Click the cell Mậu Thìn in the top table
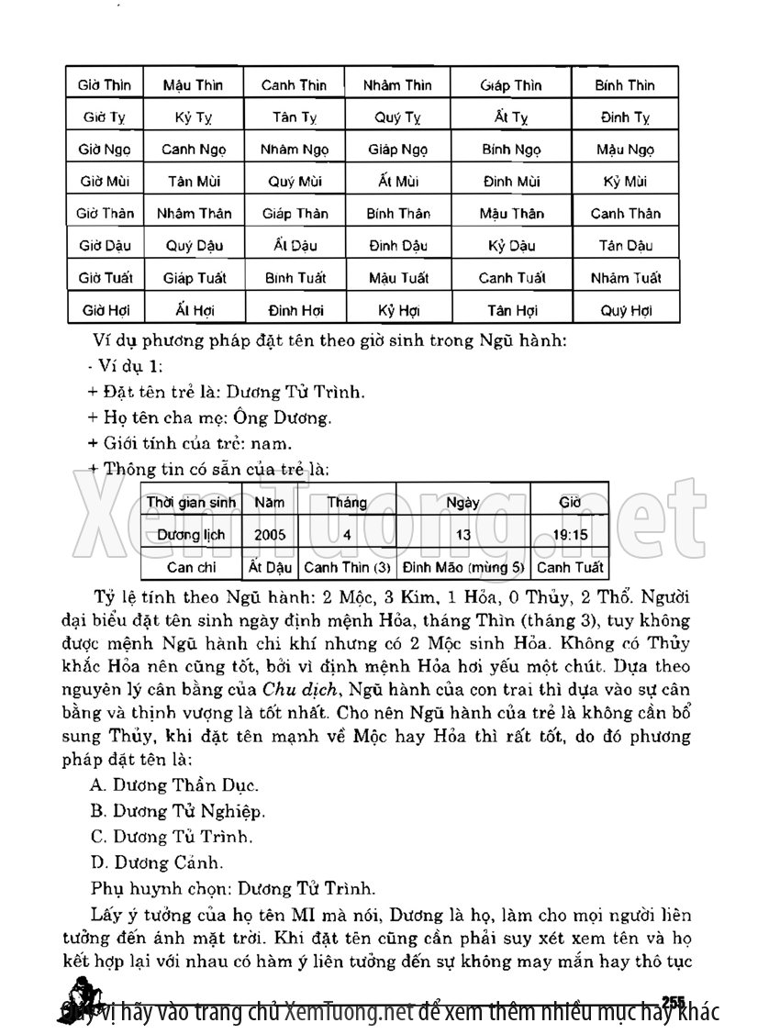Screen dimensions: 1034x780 (x=193, y=85)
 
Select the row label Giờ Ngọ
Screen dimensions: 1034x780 (x=106, y=150)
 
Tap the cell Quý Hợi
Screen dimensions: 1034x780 (x=626, y=310)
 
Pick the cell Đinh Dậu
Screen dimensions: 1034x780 (x=397, y=246)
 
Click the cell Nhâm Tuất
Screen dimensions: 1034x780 (x=626, y=278)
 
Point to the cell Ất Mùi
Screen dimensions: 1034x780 (x=397, y=182)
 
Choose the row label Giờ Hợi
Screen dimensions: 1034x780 (x=106, y=310)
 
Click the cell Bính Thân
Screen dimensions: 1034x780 (x=397, y=214)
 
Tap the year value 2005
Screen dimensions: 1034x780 (x=270, y=534)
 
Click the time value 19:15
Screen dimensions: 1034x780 (x=570, y=534)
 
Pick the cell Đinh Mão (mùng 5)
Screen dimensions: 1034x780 (x=463, y=567)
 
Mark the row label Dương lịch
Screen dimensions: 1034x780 (x=192, y=534)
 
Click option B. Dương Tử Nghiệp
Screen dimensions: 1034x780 (x=178, y=811)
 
